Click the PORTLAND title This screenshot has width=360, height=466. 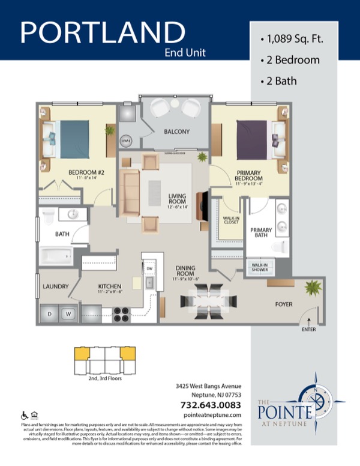tap(103, 32)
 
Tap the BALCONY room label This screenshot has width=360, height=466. tap(176, 132)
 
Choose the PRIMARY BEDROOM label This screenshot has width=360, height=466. tap(248, 176)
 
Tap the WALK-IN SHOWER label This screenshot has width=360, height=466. tap(260, 267)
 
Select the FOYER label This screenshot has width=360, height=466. tap(284, 304)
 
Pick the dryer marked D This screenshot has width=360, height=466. tap(50, 313)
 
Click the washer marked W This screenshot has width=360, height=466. tap(68, 313)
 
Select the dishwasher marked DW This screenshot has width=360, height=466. tap(151, 268)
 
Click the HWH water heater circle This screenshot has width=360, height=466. tap(127, 141)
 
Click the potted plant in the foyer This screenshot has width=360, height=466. tap(311, 288)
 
